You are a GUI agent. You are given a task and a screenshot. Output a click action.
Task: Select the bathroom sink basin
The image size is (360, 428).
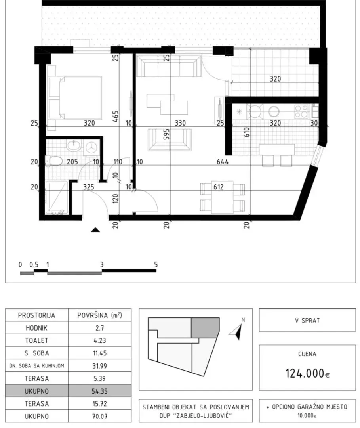pyautogui.click(x=74, y=146)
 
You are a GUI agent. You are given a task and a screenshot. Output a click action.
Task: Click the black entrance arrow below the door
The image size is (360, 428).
pyautogui.click(x=95, y=229)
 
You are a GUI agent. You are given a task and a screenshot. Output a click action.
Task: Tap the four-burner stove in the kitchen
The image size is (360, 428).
pyautogui.click(x=301, y=111)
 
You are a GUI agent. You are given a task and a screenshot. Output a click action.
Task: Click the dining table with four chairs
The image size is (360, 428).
pyautogui.click(x=222, y=197)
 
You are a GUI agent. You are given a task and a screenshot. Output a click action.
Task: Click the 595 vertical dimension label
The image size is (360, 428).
pyautogui.click(x=166, y=137)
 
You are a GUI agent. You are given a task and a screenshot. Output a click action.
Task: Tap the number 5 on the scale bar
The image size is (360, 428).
pyautogui.click(x=156, y=264)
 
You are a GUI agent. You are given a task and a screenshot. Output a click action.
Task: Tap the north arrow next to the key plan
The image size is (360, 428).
pyautogui.click(x=238, y=329)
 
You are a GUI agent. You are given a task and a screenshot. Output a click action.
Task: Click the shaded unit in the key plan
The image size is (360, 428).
pyautogui.click(x=205, y=328)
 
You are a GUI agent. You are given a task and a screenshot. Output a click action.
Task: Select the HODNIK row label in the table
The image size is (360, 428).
pyautogui.click(x=37, y=328)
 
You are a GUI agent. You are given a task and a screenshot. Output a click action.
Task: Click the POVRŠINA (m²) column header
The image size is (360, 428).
pyautogui.click(x=100, y=315)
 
